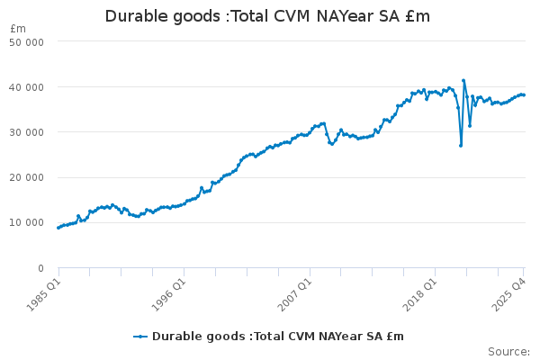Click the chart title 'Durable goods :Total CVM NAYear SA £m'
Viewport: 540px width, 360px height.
point(267,16)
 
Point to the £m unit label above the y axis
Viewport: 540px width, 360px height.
point(18,29)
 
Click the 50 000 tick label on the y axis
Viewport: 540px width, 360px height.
point(27,41)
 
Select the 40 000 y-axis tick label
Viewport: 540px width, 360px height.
point(27,87)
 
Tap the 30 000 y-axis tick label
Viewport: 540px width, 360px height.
point(27,132)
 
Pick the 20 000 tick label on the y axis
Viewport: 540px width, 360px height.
point(27,177)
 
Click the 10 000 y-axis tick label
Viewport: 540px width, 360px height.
point(27,223)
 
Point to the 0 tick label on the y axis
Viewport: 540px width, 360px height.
point(40,268)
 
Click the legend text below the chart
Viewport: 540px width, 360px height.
point(278,337)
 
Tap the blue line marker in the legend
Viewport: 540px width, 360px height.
point(140,337)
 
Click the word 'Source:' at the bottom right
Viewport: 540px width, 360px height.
point(508,351)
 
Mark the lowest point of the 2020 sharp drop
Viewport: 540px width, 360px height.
point(461,146)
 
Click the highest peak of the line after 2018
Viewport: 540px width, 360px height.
point(463,80)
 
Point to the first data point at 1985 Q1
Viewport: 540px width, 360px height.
point(58,228)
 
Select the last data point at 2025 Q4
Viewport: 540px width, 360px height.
point(524,95)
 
